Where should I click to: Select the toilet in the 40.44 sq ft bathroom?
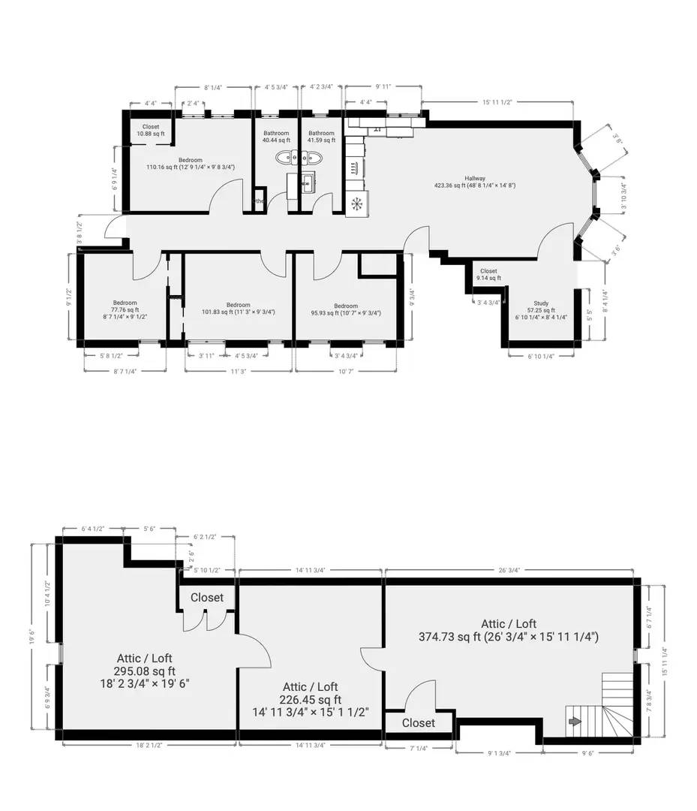click(285, 158)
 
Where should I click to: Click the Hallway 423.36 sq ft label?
click(474, 181)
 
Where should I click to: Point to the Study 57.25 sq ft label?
click(540, 310)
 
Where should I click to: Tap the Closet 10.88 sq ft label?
click(150, 130)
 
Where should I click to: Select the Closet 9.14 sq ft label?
click(488, 275)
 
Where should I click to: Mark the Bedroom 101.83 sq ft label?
click(238, 309)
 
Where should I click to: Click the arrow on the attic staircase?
click(575, 722)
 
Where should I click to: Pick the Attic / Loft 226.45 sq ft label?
click(310, 699)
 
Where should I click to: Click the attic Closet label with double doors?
click(207, 598)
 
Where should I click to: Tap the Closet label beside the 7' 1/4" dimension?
click(418, 722)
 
